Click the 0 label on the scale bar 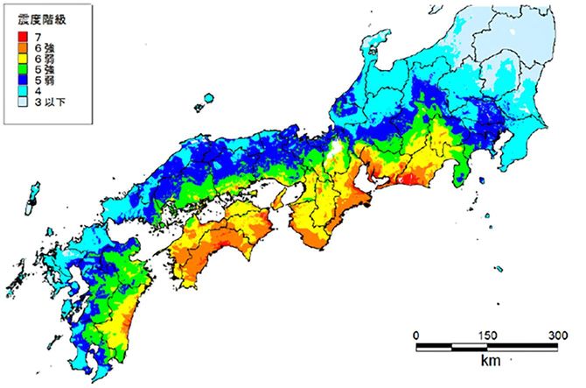tap(415, 335)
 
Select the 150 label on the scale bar tap(488, 335)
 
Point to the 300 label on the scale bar tap(557, 335)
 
